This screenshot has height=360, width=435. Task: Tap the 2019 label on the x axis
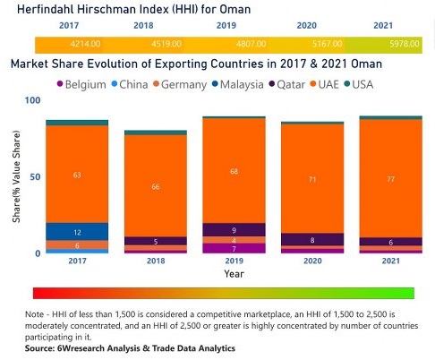click(x=233, y=261)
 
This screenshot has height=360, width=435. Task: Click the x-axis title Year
click(x=233, y=273)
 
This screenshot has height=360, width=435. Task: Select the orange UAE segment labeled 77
click(x=389, y=179)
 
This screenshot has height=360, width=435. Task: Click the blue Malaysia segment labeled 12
click(x=77, y=232)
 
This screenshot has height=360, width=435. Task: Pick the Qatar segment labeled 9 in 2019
click(x=233, y=230)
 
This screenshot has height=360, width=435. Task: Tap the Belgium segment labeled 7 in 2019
click(x=233, y=248)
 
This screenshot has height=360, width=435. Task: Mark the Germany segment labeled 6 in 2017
click(x=77, y=245)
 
